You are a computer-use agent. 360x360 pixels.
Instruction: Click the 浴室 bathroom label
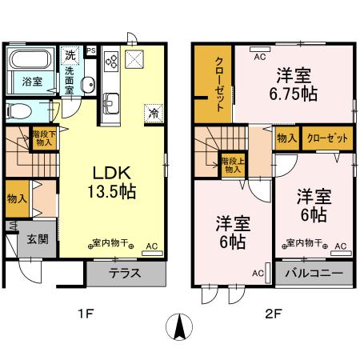coord(31,82)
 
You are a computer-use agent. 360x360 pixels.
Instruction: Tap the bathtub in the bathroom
coord(30,59)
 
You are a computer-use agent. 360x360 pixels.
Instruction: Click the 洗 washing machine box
coord(70,56)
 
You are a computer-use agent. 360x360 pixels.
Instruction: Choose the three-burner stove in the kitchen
coord(111,61)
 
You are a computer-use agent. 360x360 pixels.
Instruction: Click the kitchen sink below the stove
coord(111,102)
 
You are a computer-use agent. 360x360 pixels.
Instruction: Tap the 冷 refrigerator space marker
coord(153,114)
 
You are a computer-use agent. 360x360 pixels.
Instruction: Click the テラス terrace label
coord(126,273)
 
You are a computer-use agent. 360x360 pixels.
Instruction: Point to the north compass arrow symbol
coord(181,327)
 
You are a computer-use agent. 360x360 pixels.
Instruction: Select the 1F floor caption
coord(84,313)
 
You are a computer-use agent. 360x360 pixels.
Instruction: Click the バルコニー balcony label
coord(314,273)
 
